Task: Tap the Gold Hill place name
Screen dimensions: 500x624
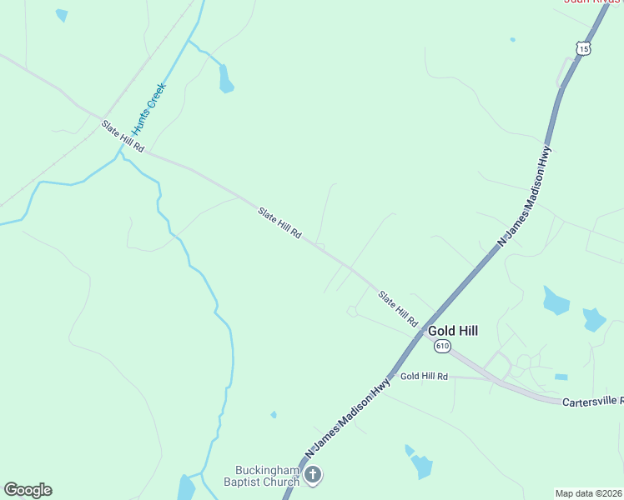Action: click(x=453, y=331)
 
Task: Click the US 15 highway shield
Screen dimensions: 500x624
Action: click(x=584, y=49)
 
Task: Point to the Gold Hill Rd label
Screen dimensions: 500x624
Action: click(x=424, y=377)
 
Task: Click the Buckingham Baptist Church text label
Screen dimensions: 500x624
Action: click(x=261, y=475)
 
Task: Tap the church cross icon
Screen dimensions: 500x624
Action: click(x=313, y=475)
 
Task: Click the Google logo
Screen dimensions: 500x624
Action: click(x=28, y=490)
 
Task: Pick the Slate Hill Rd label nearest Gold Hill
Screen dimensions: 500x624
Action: click(x=397, y=308)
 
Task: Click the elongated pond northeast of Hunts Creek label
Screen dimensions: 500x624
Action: click(x=225, y=78)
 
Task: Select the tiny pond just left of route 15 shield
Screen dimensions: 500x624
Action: click(x=512, y=39)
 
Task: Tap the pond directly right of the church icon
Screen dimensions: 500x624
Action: click(x=421, y=466)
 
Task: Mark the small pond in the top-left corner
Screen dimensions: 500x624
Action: click(x=61, y=14)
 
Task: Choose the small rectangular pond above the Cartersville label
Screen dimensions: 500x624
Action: click(x=561, y=377)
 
